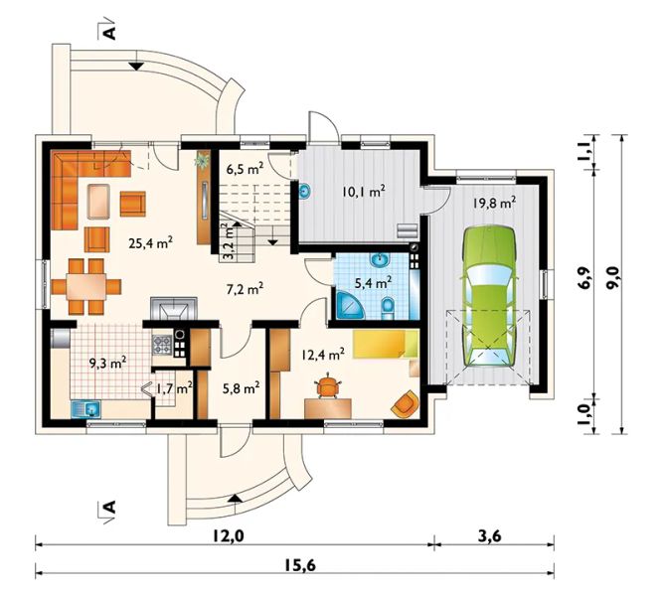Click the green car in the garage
pyautogui.click(x=489, y=297)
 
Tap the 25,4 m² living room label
pyautogui.click(x=150, y=242)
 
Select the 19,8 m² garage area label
pyautogui.click(x=494, y=203)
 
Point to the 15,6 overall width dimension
pyautogui.click(x=299, y=565)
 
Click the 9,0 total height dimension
pyautogui.click(x=610, y=277)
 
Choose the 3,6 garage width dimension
pyautogui.click(x=490, y=536)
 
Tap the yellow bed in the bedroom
pyautogui.click(x=386, y=345)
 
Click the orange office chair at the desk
pyautogui.click(x=328, y=385)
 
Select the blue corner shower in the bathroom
pyautogui.click(x=349, y=305)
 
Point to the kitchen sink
pyautogui.click(x=85, y=409)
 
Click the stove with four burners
pyautogui.click(x=162, y=344)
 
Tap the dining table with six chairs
pyautogui.click(x=86, y=287)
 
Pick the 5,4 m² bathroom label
pyautogui.click(x=373, y=282)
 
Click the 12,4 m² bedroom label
pyautogui.click(x=323, y=355)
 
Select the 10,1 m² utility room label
pyautogui.click(x=363, y=192)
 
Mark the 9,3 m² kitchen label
pyautogui.click(x=107, y=363)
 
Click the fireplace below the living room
pyautogui.click(x=174, y=309)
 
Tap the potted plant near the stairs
pyautogui.click(x=203, y=161)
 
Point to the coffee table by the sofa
pyautogui.click(x=99, y=202)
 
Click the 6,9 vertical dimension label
pyautogui.click(x=585, y=277)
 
